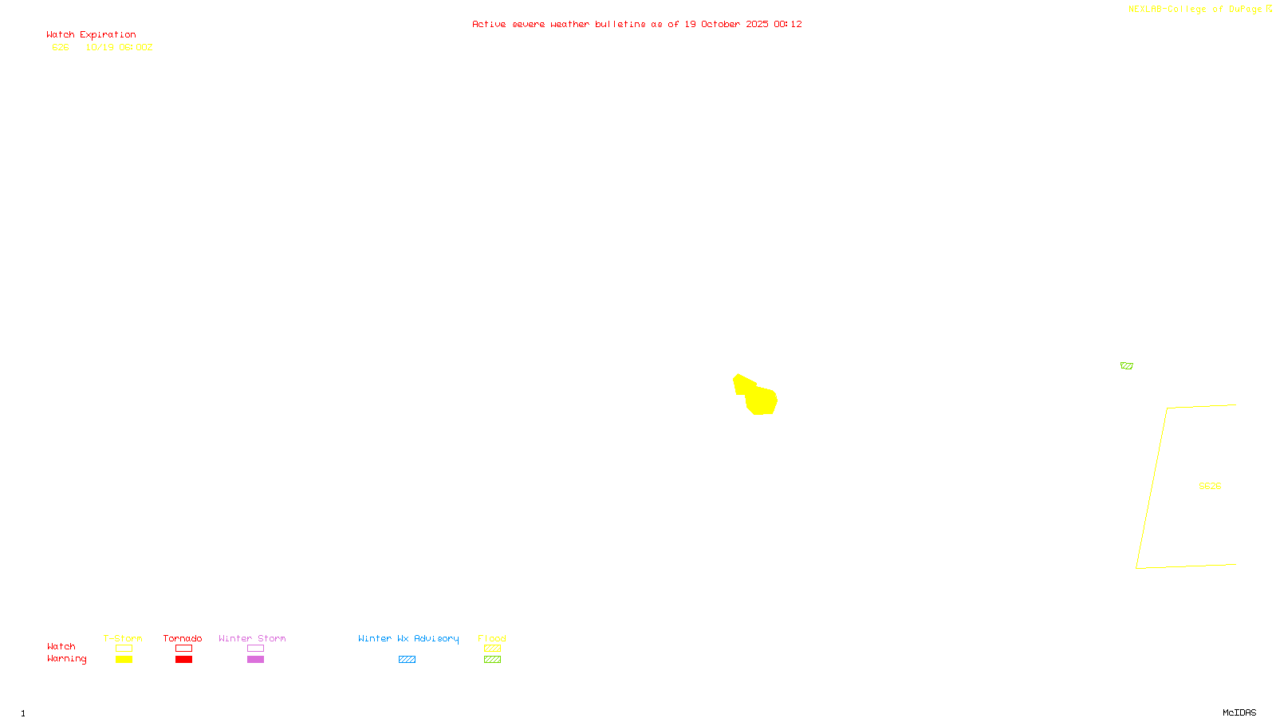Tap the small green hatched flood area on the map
(x=1126, y=365)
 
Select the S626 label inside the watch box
(x=1210, y=486)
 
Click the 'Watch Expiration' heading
(x=91, y=35)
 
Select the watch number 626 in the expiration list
(x=61, y=47)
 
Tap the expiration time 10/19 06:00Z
(x=119, y=47)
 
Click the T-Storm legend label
(x=123, y=638)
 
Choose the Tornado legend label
(x=183, y=638)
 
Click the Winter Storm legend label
(x=252, y=638)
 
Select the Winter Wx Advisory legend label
(x=408, y=638)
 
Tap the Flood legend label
(x=492, y=638)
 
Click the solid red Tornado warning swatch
(x=183, y=659)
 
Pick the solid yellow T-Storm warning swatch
(x=124, y=659)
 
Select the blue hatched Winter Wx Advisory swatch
(x=407, y=659)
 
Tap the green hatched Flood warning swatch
(x=492, y=659)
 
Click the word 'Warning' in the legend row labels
(x=66, y=659)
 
